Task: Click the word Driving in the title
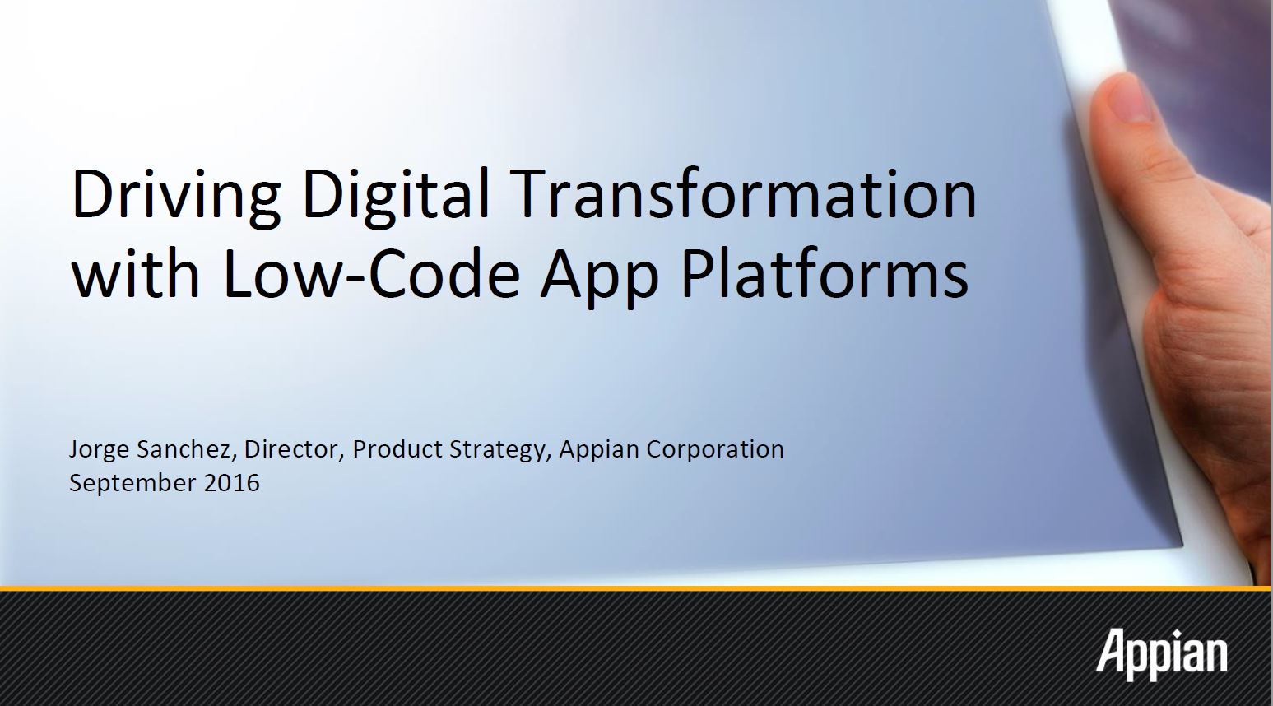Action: [176, 195]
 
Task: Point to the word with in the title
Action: [136, 272]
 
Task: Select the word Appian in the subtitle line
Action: [599, 450]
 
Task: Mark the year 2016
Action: [232, 483]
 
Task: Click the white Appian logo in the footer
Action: [1162, 654]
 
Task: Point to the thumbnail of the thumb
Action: [1128, 100]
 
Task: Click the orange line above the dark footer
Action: [637, 588]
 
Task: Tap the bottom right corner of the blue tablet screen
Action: [1183, 546]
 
